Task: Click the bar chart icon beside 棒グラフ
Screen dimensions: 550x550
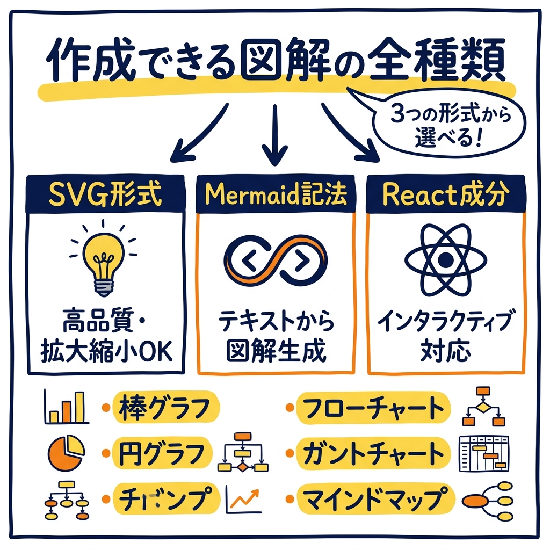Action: [x=65, y=408]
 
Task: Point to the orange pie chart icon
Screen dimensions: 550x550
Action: [x=66, y=453]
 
